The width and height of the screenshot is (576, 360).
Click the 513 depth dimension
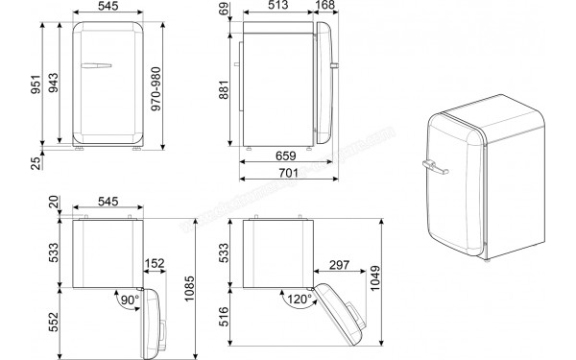tap(279, 8)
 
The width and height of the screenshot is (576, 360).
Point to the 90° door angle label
tap(128, 300)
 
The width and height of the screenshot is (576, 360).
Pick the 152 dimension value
tap(153, 264)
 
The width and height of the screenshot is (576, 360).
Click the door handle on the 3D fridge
tap(434, 170)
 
